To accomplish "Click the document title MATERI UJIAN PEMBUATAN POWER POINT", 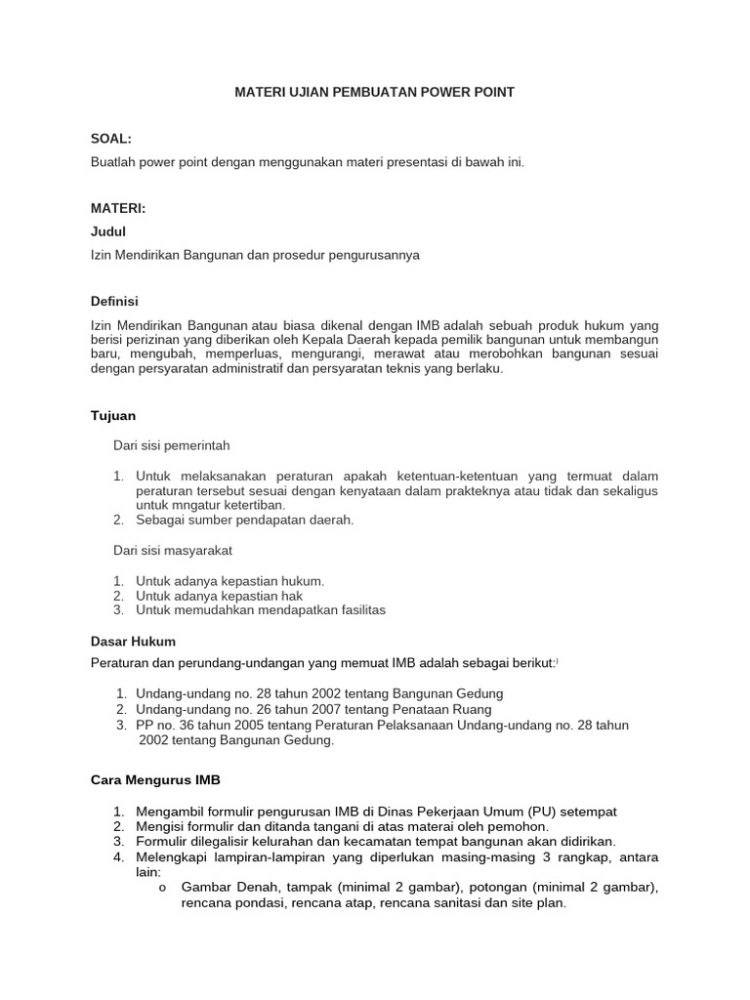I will pyautogui.click(x=374, y=92).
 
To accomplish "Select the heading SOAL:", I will pyautogui.click(x=109, y=141).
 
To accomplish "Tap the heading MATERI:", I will pyautogui.click(x=117, y=209).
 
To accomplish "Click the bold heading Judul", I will pyautogui.click(x=107, y=231).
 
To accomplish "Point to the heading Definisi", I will pyautogui.click(x=114, y=301).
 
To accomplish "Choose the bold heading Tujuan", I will pyautogui.click(x=112, y=416).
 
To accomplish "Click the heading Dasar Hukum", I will pyautogui.click(x=133, y=642).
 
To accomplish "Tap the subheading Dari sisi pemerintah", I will pyautogui.click(x=171, y=445).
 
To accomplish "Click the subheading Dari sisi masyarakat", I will pyautogui.click(x=173, y=551).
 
